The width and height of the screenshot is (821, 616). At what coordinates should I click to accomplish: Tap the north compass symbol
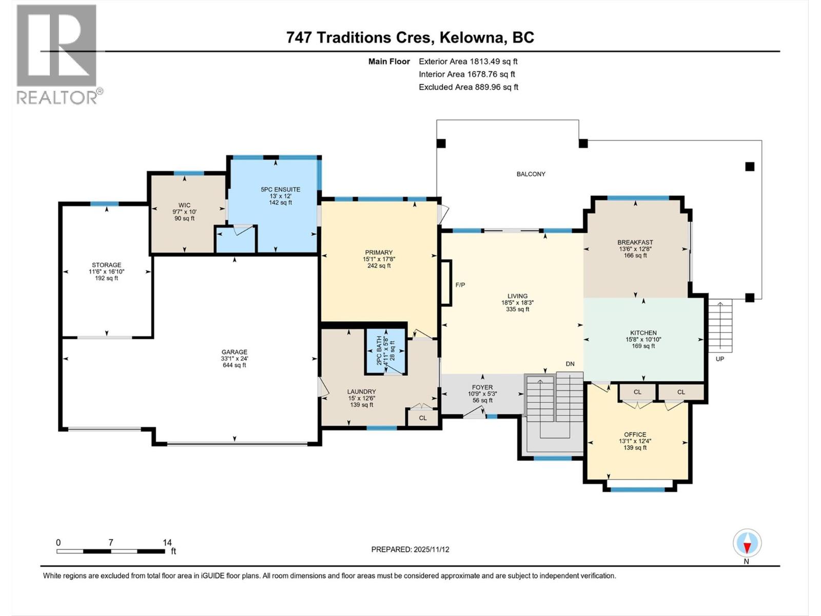pyautogui.click(x=747, y=543)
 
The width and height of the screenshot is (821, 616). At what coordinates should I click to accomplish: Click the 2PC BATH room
pyautogui.click(x=386, y=351)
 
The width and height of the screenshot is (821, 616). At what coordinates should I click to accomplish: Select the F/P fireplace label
pyautogui.click(x=460, y=285)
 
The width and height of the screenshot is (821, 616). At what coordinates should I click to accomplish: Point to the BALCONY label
pyautogui.click(x=531, y=174)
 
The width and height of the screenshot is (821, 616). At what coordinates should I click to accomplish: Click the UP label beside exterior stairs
pyautogui.click(x=720, y=359)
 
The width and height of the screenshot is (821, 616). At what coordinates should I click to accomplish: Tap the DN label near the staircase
pyautogui.click(x=570, y=364)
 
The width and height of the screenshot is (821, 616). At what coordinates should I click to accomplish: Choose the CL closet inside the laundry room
pyautogui.click(x=422, y=418)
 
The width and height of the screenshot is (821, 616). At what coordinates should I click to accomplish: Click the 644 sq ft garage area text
pyautogui.click(x=234, y=365)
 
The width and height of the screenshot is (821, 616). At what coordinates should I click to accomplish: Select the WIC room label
pyautogui.click(x=184, y=205)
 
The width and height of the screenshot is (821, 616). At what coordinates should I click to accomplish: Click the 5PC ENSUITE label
pyautogui.click(x=280, y=189)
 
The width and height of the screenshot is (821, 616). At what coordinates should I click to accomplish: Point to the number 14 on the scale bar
pyautogui.click(x=167, y=543)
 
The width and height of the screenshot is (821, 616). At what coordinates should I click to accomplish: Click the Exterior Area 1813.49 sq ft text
pyautogui.click(x=468, y=61)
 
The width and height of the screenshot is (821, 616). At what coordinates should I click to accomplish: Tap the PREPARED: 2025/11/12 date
pyautogui.click(x=410, y=549)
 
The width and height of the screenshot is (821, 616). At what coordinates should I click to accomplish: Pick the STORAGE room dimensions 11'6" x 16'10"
pyautogui.click(x=106, y=272)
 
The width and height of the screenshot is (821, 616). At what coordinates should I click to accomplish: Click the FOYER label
pyautogui.click(x=482, y=388)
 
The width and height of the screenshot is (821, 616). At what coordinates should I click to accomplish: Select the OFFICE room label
pyautogui.click(x=635, y=434)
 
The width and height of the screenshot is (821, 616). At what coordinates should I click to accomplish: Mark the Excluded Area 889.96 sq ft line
pyautogui.click(x=468, y=87)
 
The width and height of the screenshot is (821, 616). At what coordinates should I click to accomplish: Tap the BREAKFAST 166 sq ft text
pyautogui.click(x=635, y=255)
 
